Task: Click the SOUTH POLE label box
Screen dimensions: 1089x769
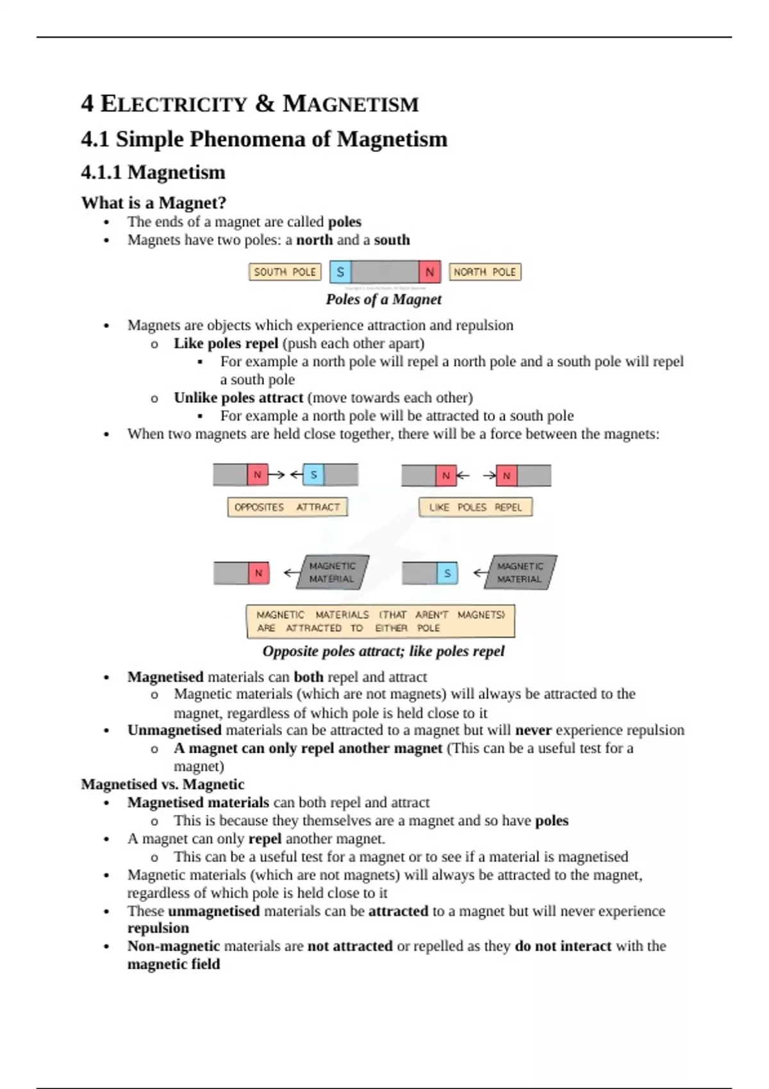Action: click(285, 272)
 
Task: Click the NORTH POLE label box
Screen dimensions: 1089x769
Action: click(484, 272)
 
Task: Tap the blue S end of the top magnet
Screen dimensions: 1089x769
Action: click(340, 272)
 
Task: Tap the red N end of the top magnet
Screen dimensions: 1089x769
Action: click(429, 272)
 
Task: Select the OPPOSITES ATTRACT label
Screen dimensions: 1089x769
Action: click(287, 507)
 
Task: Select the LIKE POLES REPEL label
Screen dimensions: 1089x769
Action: click(475, 507)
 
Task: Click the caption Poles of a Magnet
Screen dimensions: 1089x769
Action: click(383, 299)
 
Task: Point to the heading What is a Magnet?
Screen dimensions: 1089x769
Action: click(154, 203)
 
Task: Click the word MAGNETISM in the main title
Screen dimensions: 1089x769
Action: click(351, 104)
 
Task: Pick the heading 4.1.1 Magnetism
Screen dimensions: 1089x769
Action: click(153, 172)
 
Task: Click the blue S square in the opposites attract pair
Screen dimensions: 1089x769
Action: click(313, 475)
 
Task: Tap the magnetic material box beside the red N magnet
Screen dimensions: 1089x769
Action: click(332, 572)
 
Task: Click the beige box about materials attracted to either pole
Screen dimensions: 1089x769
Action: click(381, 621)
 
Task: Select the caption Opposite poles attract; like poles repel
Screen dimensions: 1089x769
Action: click(383, 651)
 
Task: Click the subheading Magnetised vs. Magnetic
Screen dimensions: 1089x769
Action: click(163, 785)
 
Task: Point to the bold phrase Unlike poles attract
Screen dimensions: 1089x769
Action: click(238, 398)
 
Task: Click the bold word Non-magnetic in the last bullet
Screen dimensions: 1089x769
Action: click(173, 946)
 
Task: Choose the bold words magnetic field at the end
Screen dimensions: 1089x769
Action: click(173, 964)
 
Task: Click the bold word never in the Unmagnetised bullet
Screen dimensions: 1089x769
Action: click(533, 730)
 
